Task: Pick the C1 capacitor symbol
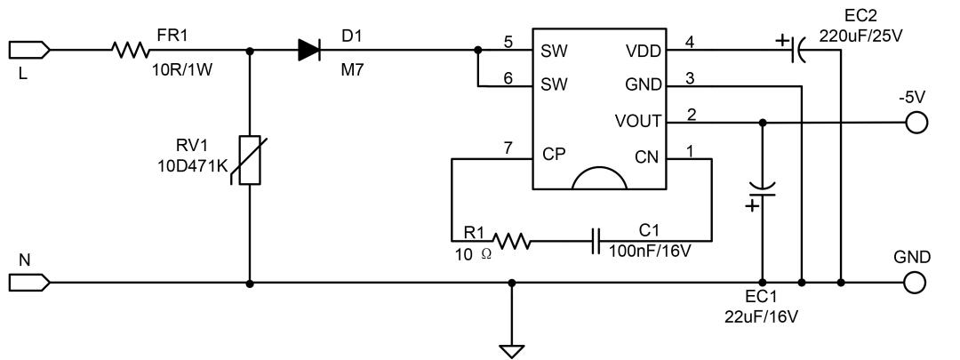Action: tap(596, 240)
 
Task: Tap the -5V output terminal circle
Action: tap(914, 122)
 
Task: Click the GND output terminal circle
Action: tap(914, 284)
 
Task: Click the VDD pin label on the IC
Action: tap(644, 52)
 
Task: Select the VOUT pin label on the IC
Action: tap(638, 121)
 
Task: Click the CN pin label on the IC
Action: tap(647, 156)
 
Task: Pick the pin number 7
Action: tap(508, 148)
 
